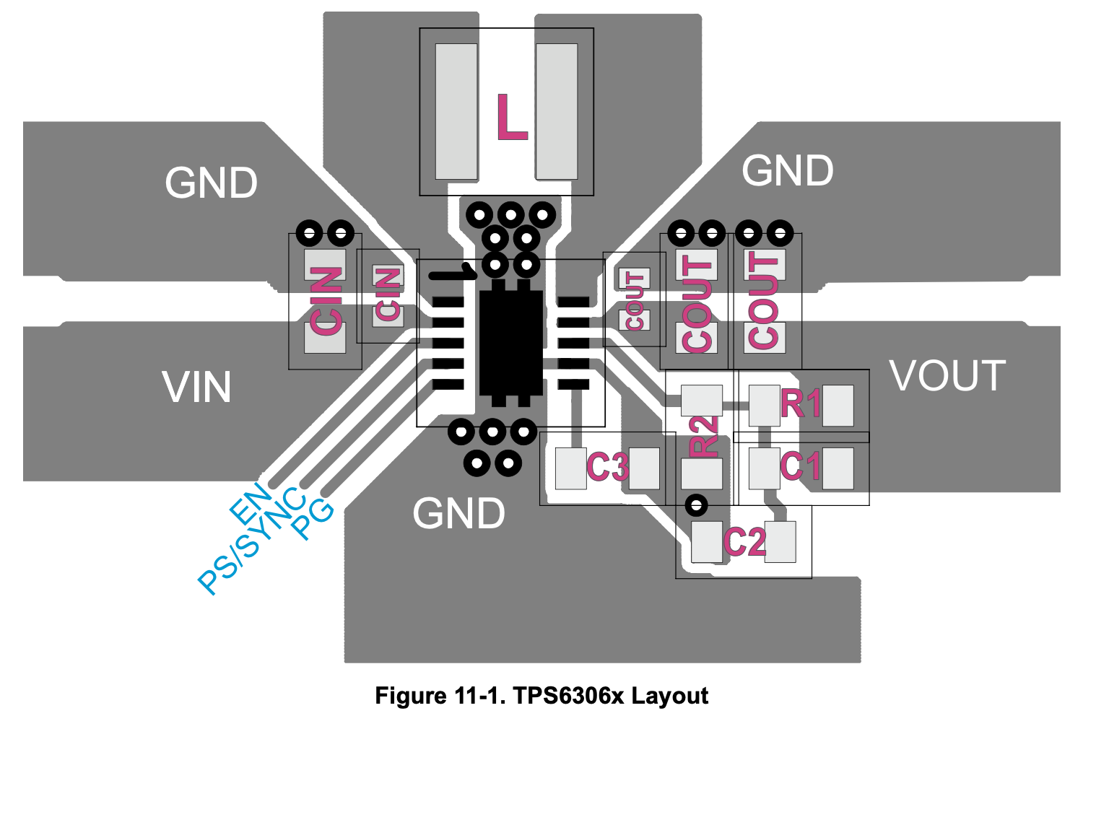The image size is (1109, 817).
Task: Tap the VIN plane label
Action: click(x=196, y=388)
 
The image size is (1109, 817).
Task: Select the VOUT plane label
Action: click(x=947, y=376)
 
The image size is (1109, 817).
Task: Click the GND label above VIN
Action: click(x=211, y=183)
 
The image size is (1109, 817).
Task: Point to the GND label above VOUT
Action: click(x=788, y=171)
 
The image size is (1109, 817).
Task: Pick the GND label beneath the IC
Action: click(x=458, y=514)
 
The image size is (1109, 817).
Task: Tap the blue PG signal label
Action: click(x=313, y=519)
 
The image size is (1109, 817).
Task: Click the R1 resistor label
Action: click(x=801, y=404)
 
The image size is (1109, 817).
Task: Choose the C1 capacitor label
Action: click(x=801, y=466)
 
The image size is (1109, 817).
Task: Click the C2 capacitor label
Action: click(x=744, y=542)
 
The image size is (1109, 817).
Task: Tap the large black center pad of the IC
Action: click(x=510, y=344)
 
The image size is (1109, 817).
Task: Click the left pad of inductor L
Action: click(x=456, y=111)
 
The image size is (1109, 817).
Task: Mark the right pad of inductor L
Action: click(x=557, y=111)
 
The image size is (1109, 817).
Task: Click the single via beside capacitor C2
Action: click(x=696, y=505)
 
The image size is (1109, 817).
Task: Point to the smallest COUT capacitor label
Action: click(x=635, y=300)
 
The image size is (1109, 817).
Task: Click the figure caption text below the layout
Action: click(x=542, y=696)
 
